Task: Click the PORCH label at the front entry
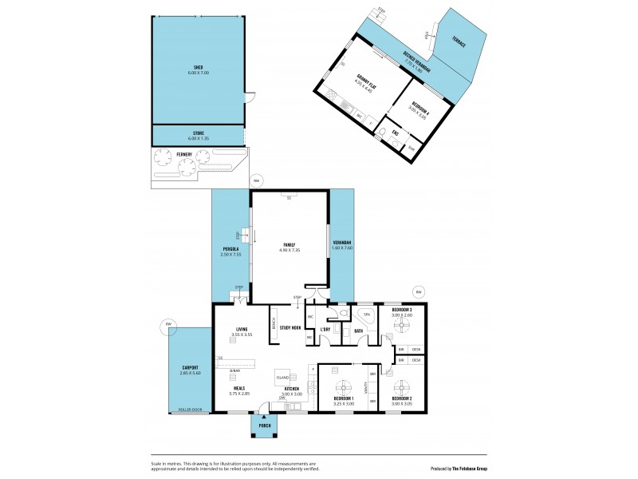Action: [x=264, y=426]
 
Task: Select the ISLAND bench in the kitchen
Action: [x=282, y=377]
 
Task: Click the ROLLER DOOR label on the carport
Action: [x=190, y=410]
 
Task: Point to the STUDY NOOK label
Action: [x=289, y=327]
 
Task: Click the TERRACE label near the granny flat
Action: [x=458, y=42]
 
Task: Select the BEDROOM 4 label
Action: [x=419, y=108]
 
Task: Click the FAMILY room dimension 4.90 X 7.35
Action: [x=289, y=250]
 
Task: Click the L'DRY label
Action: [x=325, y=330]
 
